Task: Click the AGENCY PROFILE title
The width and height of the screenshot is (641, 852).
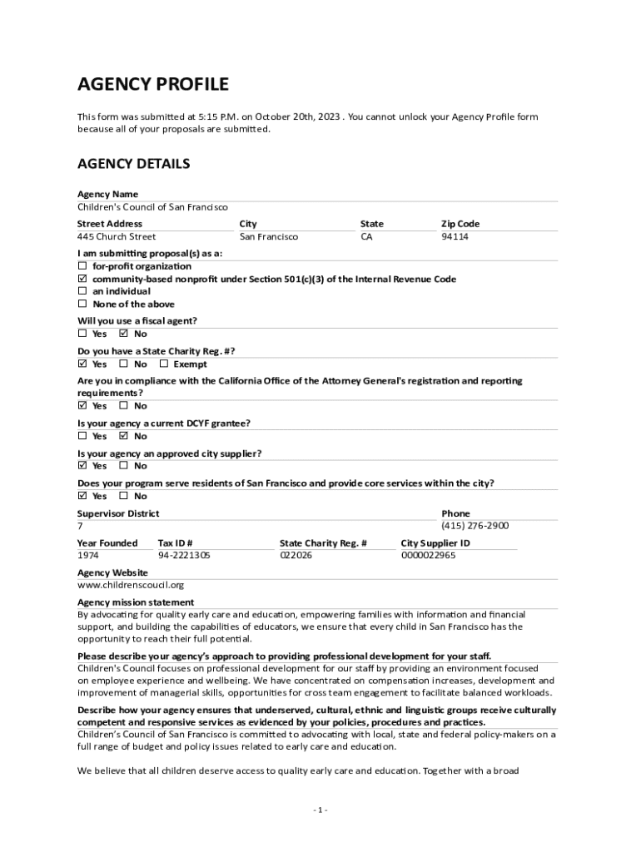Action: tap(153, 84)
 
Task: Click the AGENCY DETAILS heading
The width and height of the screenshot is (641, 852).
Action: tap(134, 164)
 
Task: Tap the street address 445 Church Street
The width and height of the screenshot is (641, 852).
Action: tap(117, 237)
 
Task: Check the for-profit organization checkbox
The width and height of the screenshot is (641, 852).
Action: tap(82, 266)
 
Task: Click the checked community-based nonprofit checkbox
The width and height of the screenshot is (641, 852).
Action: tap(82, 279)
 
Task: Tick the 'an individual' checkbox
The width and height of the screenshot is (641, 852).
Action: tap(82, 291)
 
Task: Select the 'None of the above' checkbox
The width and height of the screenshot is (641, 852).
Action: tap(82, 304)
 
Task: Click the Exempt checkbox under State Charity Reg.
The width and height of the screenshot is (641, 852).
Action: tap(164, 364)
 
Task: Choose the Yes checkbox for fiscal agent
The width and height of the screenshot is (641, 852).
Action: tap(82, 334)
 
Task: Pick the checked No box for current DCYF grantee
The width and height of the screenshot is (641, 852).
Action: tap(124, 435)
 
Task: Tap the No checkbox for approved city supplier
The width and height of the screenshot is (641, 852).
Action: tap(124, 465)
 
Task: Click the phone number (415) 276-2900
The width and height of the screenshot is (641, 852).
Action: tap(475, 526)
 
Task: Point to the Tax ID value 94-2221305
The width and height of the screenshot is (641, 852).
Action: tap(184, 555)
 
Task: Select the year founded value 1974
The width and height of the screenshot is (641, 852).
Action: tap(88, 555)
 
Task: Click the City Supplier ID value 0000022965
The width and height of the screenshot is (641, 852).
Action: tap(428, 555)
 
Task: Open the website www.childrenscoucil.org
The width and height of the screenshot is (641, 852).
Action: tap(131, 585)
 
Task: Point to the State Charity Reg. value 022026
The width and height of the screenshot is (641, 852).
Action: tap(296, 555)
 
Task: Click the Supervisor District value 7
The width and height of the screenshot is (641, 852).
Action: tap(80, 526)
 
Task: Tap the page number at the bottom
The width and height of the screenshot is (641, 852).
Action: tap(320, 810)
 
